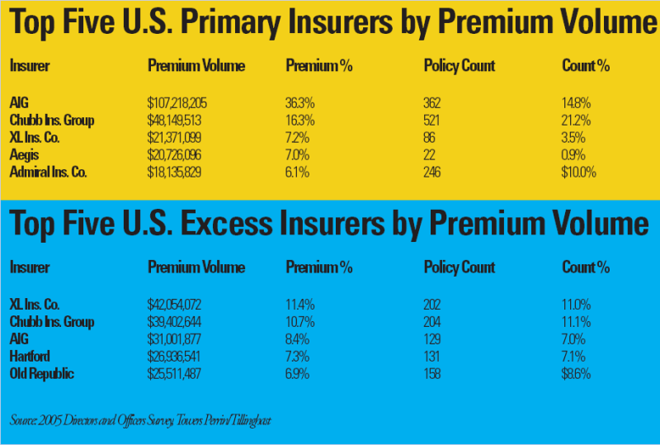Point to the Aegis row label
pos(24,155)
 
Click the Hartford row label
pos(31,356)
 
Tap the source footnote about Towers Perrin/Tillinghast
pos(141,421)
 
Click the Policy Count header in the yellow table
pos(459,65)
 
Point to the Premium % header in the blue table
pos(318,267)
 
